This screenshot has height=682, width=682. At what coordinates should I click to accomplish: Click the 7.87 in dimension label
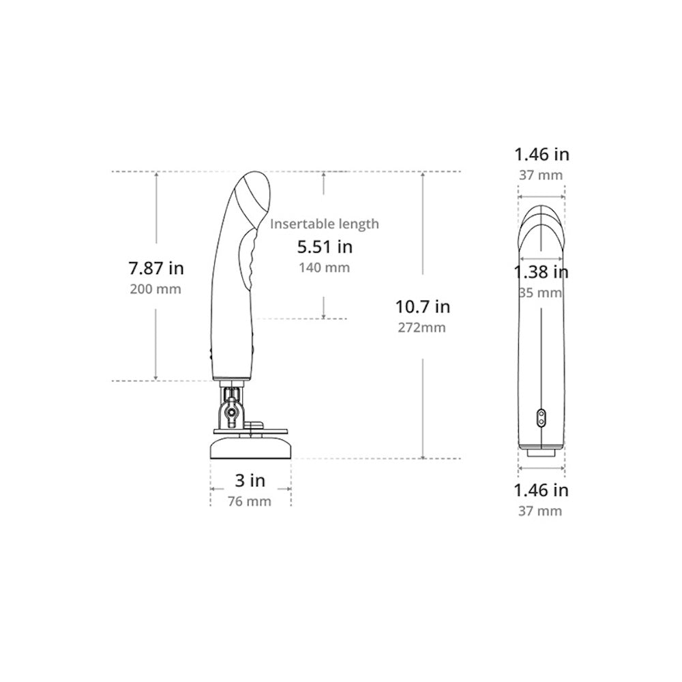(156, 268)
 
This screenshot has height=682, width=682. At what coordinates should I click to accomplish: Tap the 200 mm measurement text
(155, 288)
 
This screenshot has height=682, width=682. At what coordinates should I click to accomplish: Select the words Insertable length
(325, 224)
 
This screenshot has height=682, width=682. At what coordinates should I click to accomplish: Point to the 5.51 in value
(325, 247)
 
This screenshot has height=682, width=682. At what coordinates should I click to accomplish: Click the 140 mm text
(324, 267)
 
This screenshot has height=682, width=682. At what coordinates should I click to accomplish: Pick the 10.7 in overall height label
(422, 307)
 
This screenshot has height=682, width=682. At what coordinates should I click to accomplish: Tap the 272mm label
(421, 327)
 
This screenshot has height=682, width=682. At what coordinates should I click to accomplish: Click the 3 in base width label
(250, 480)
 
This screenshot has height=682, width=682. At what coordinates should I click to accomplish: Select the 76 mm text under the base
(249, 501)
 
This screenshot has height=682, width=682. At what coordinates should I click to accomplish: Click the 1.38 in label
(541, 272)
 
